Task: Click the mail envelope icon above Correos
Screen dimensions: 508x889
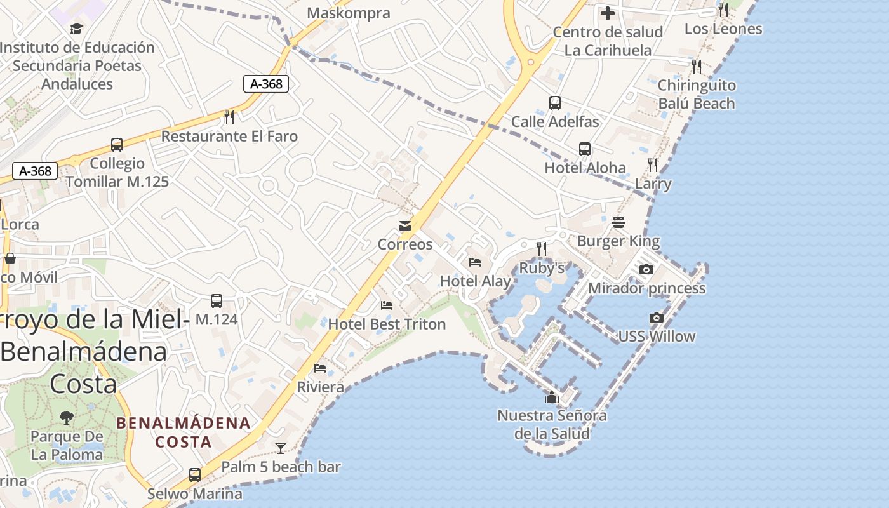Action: coord(404,226)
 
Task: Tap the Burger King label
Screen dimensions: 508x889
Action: coord(618,241)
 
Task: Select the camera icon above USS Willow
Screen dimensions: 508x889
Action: coord(657,317)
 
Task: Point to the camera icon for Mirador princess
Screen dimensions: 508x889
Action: coord(646,269)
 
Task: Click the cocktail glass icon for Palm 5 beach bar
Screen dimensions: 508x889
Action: coord(280,448)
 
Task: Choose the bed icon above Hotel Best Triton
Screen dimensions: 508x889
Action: coord(387,305)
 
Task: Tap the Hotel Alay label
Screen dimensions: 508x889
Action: coord(476,281)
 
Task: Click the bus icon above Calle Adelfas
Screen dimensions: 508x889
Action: coord(555,102)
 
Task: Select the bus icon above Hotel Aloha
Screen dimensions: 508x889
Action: coord(585,149)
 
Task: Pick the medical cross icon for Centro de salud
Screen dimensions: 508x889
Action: coord(608,13)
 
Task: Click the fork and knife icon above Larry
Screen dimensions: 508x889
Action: coord(653,165)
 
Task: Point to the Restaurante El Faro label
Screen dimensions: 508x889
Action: coord(229,136)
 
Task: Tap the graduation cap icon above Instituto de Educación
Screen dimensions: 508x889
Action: coord(77,29)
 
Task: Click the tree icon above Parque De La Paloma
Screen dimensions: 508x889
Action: coord(67,417)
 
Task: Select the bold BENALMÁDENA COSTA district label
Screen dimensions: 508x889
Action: coord(184,432)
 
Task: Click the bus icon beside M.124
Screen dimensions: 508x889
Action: coord(217,301)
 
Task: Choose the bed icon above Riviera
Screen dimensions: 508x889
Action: coord(320,368)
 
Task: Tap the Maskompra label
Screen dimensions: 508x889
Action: coord(348,13)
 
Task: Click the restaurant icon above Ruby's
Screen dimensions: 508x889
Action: coord(542,249)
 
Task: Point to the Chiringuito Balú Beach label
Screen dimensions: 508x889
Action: coord(696,94)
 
